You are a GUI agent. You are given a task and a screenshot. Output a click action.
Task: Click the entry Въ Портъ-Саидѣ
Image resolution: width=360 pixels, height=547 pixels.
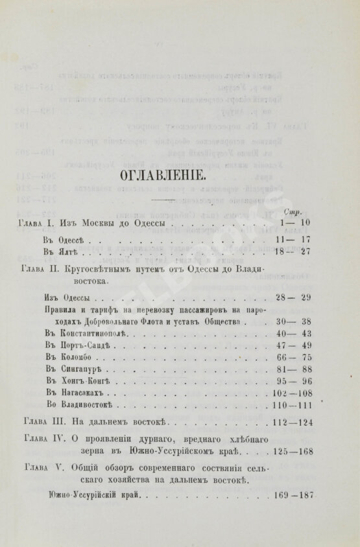[x=81, y=346]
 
